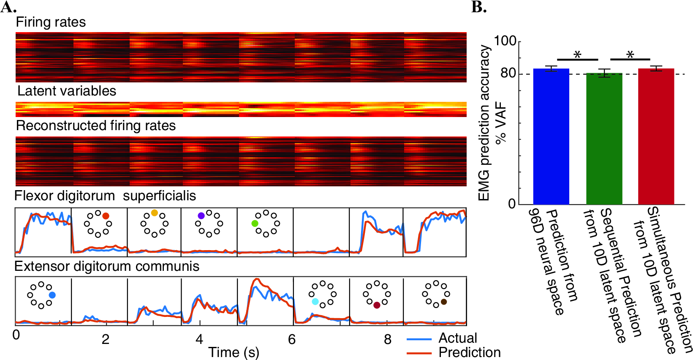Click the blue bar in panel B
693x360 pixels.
click(551, 136)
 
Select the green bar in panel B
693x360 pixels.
click(604, 139)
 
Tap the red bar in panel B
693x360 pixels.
click(656, 136)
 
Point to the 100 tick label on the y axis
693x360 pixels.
click(505, 41)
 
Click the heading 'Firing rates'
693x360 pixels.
click(51, 22)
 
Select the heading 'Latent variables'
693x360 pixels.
click(67, 91)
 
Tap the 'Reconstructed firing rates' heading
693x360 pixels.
click(95, 125)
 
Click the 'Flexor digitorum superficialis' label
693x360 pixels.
click(105, 196)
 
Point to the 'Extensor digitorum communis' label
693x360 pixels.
click(107, 267)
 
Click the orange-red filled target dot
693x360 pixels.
click(106, 216)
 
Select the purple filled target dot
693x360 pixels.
click(201, 216)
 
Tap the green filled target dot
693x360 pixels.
click(255, 223)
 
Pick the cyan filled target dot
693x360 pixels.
click(315, 302)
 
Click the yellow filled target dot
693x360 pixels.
click(155, 213)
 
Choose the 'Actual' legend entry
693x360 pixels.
click(442, 338)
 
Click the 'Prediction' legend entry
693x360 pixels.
click(454, 352)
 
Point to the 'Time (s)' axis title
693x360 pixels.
click(234, 352)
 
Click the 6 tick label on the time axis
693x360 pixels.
click(292, 340)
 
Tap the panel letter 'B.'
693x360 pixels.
click(479, 7)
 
